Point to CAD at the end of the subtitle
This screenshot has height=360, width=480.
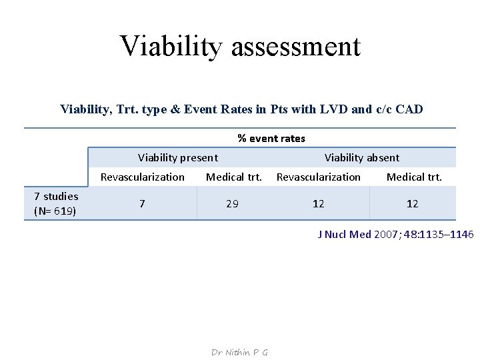[x=408, y=109]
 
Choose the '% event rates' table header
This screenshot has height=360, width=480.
[x=271, y=139]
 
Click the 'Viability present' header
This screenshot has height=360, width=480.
[x=177, y=158]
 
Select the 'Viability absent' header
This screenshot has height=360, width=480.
[x=362, y=158]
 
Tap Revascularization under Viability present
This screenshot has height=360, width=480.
[x=143, y=177]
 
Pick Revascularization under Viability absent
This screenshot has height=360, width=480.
[x=319, y=177]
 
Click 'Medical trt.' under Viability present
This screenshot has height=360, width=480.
[x=234, y=177]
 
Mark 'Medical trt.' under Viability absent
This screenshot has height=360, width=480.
[x=414, y=177]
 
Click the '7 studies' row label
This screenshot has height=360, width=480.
[x=56, y=196]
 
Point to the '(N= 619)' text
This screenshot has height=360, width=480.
[x=55, y=211]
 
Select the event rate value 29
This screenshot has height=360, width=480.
[x=232, y=204]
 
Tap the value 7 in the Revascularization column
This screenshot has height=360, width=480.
[x=142, y=203]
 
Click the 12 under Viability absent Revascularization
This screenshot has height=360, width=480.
[x=319, y=204]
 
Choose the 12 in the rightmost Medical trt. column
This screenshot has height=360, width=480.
[x=413, y=204]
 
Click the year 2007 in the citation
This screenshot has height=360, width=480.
[x=387, y=235]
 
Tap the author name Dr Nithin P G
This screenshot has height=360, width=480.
[x=239, y=353]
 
